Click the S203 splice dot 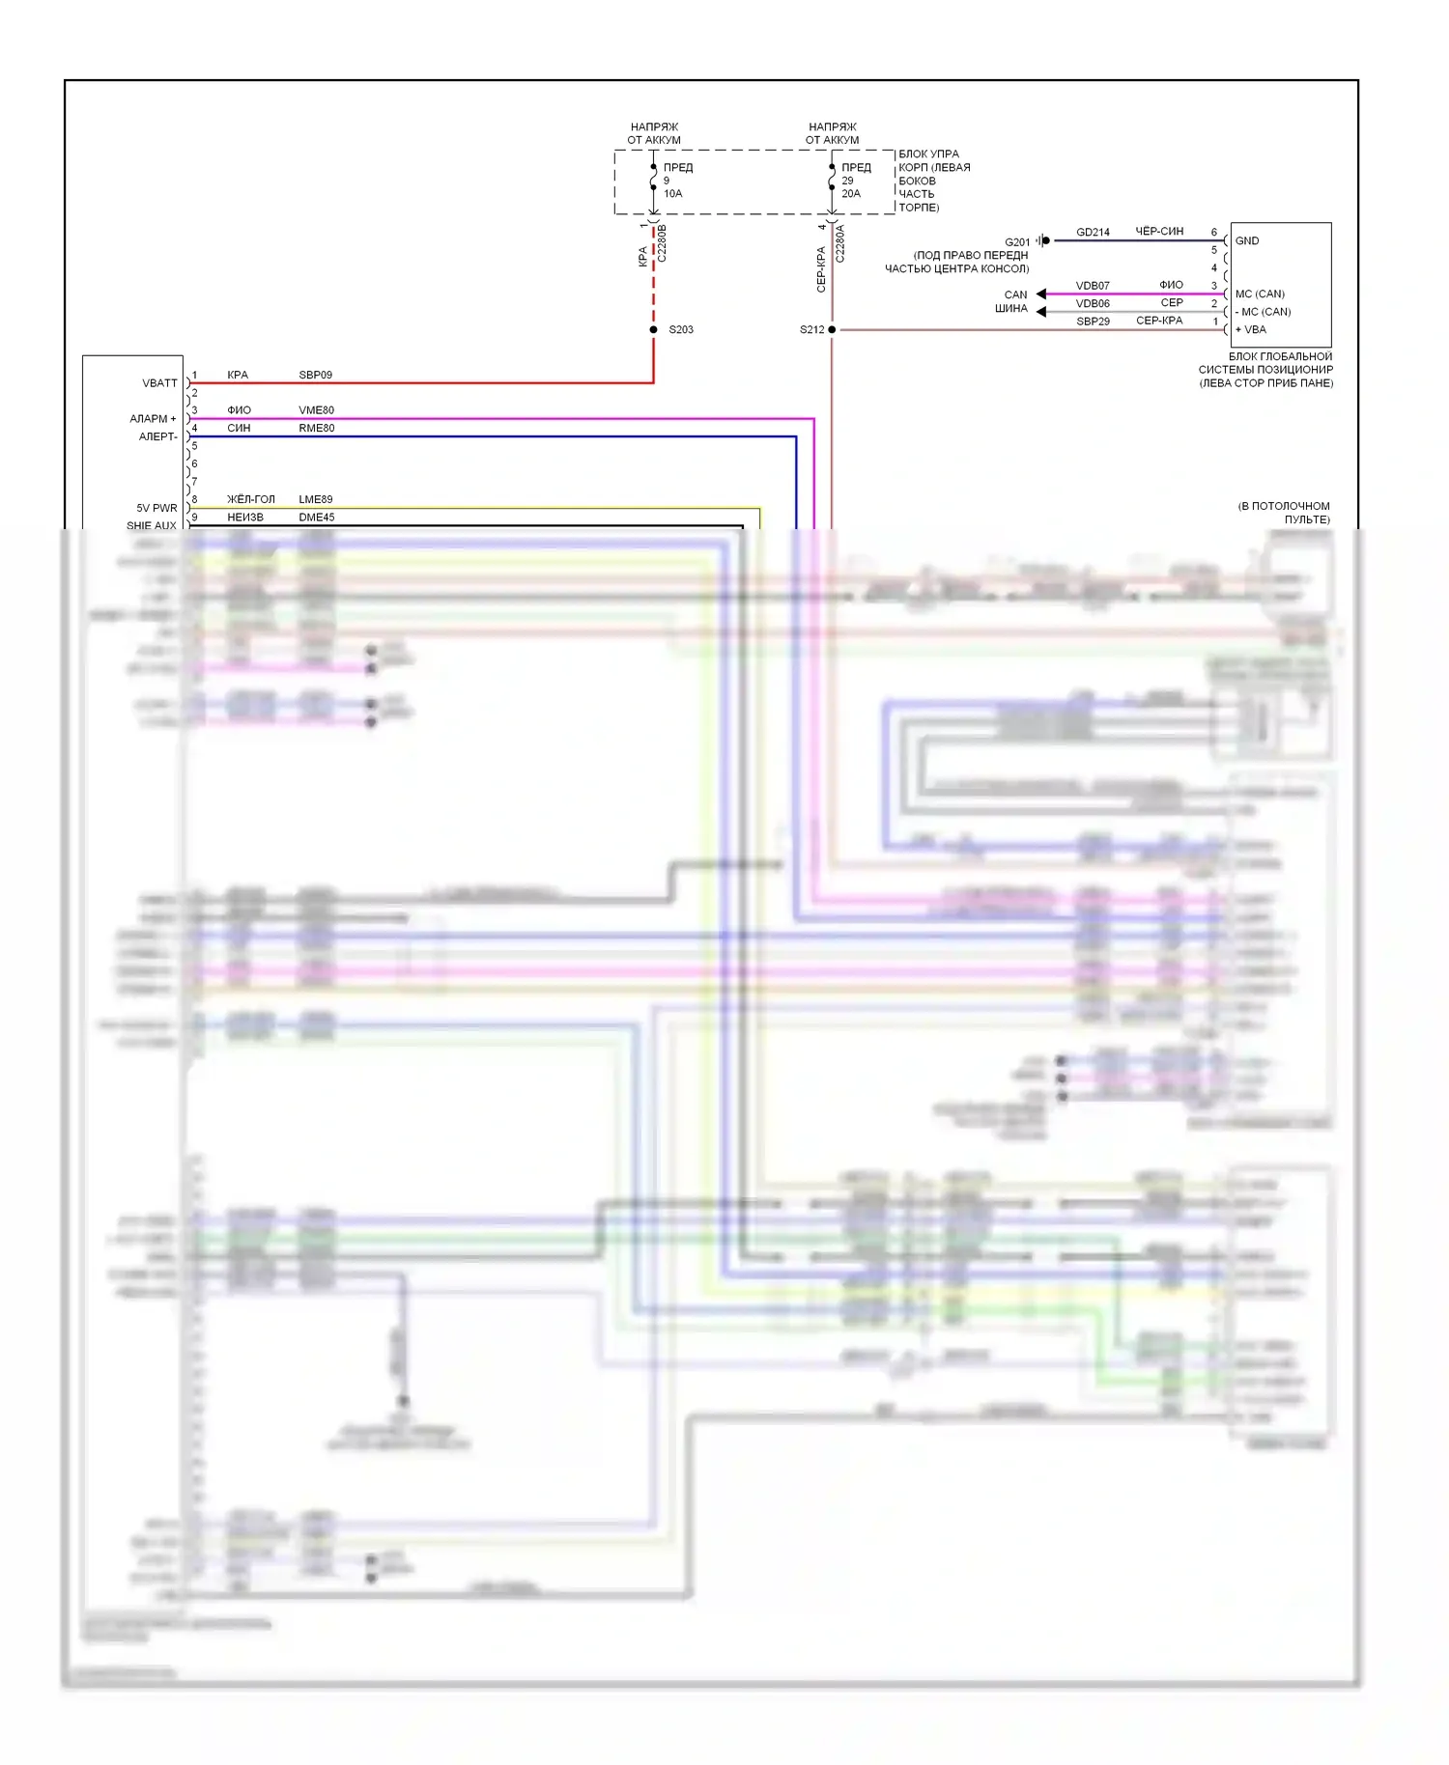click(x=654, y=329)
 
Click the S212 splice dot click(x=832, y=329)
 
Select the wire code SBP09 click(x=315, y=375)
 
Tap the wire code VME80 click(x=316, y=410)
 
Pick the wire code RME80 click(x=316, y=428)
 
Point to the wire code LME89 click(x=315, y=499)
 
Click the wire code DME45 click(x=316, y=518)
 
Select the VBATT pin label click(x=159, y=383)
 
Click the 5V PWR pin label click(x=156, y=508)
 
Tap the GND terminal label click(x=1246, y=240)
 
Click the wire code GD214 click(x=1093, y=233)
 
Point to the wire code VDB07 click(x=1093, y=286)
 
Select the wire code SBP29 click(x=1093, y=322)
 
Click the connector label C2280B click(x=662, y=244)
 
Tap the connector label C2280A click(x=839, y=244)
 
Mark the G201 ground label click(x=1017, y=242)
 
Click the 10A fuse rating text click(x=672, y=194)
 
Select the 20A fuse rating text click(x=850, y=194)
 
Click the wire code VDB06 click(x=1093, y=303)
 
